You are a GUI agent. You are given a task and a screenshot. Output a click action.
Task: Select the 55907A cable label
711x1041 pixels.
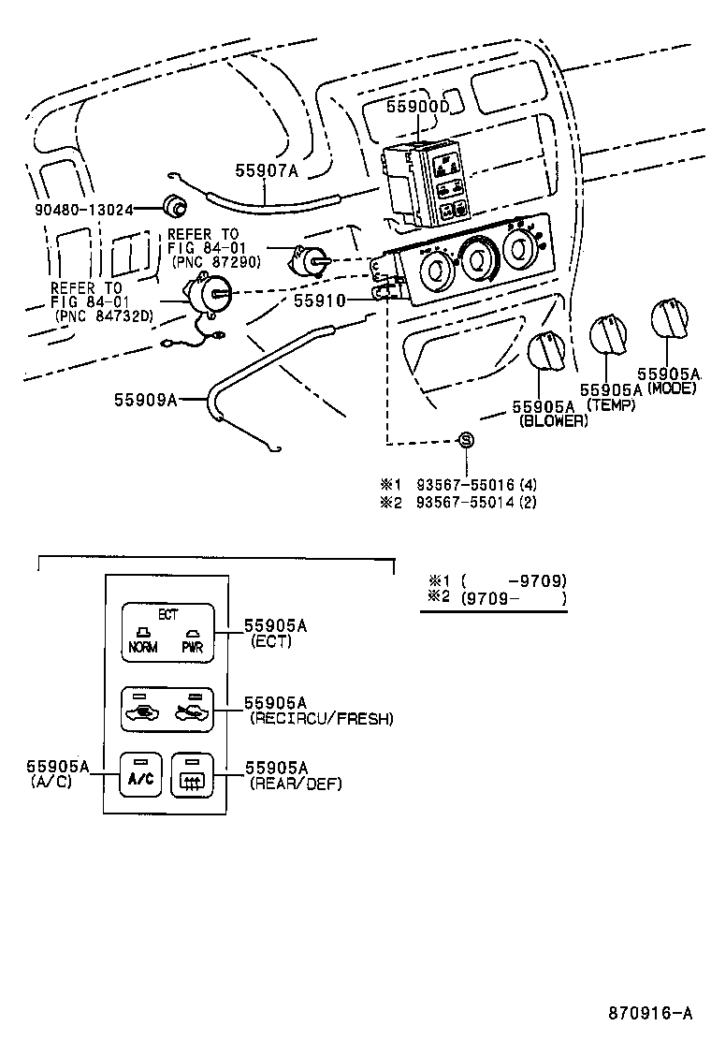[266, 170]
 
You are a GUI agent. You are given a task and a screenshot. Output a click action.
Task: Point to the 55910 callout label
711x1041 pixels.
[320, 301]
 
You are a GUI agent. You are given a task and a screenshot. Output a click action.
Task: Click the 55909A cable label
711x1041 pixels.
[146, 399]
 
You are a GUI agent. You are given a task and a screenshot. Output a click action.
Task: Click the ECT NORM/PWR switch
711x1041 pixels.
[168, 632]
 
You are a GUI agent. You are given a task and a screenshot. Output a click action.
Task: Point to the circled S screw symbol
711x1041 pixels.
[467, 440]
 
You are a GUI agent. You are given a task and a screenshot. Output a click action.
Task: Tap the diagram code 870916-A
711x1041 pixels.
[650, 1013]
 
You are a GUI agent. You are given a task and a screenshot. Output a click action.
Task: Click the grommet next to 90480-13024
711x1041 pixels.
[174, 206]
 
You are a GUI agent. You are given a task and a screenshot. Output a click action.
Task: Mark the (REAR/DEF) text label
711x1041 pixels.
[296, 784]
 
